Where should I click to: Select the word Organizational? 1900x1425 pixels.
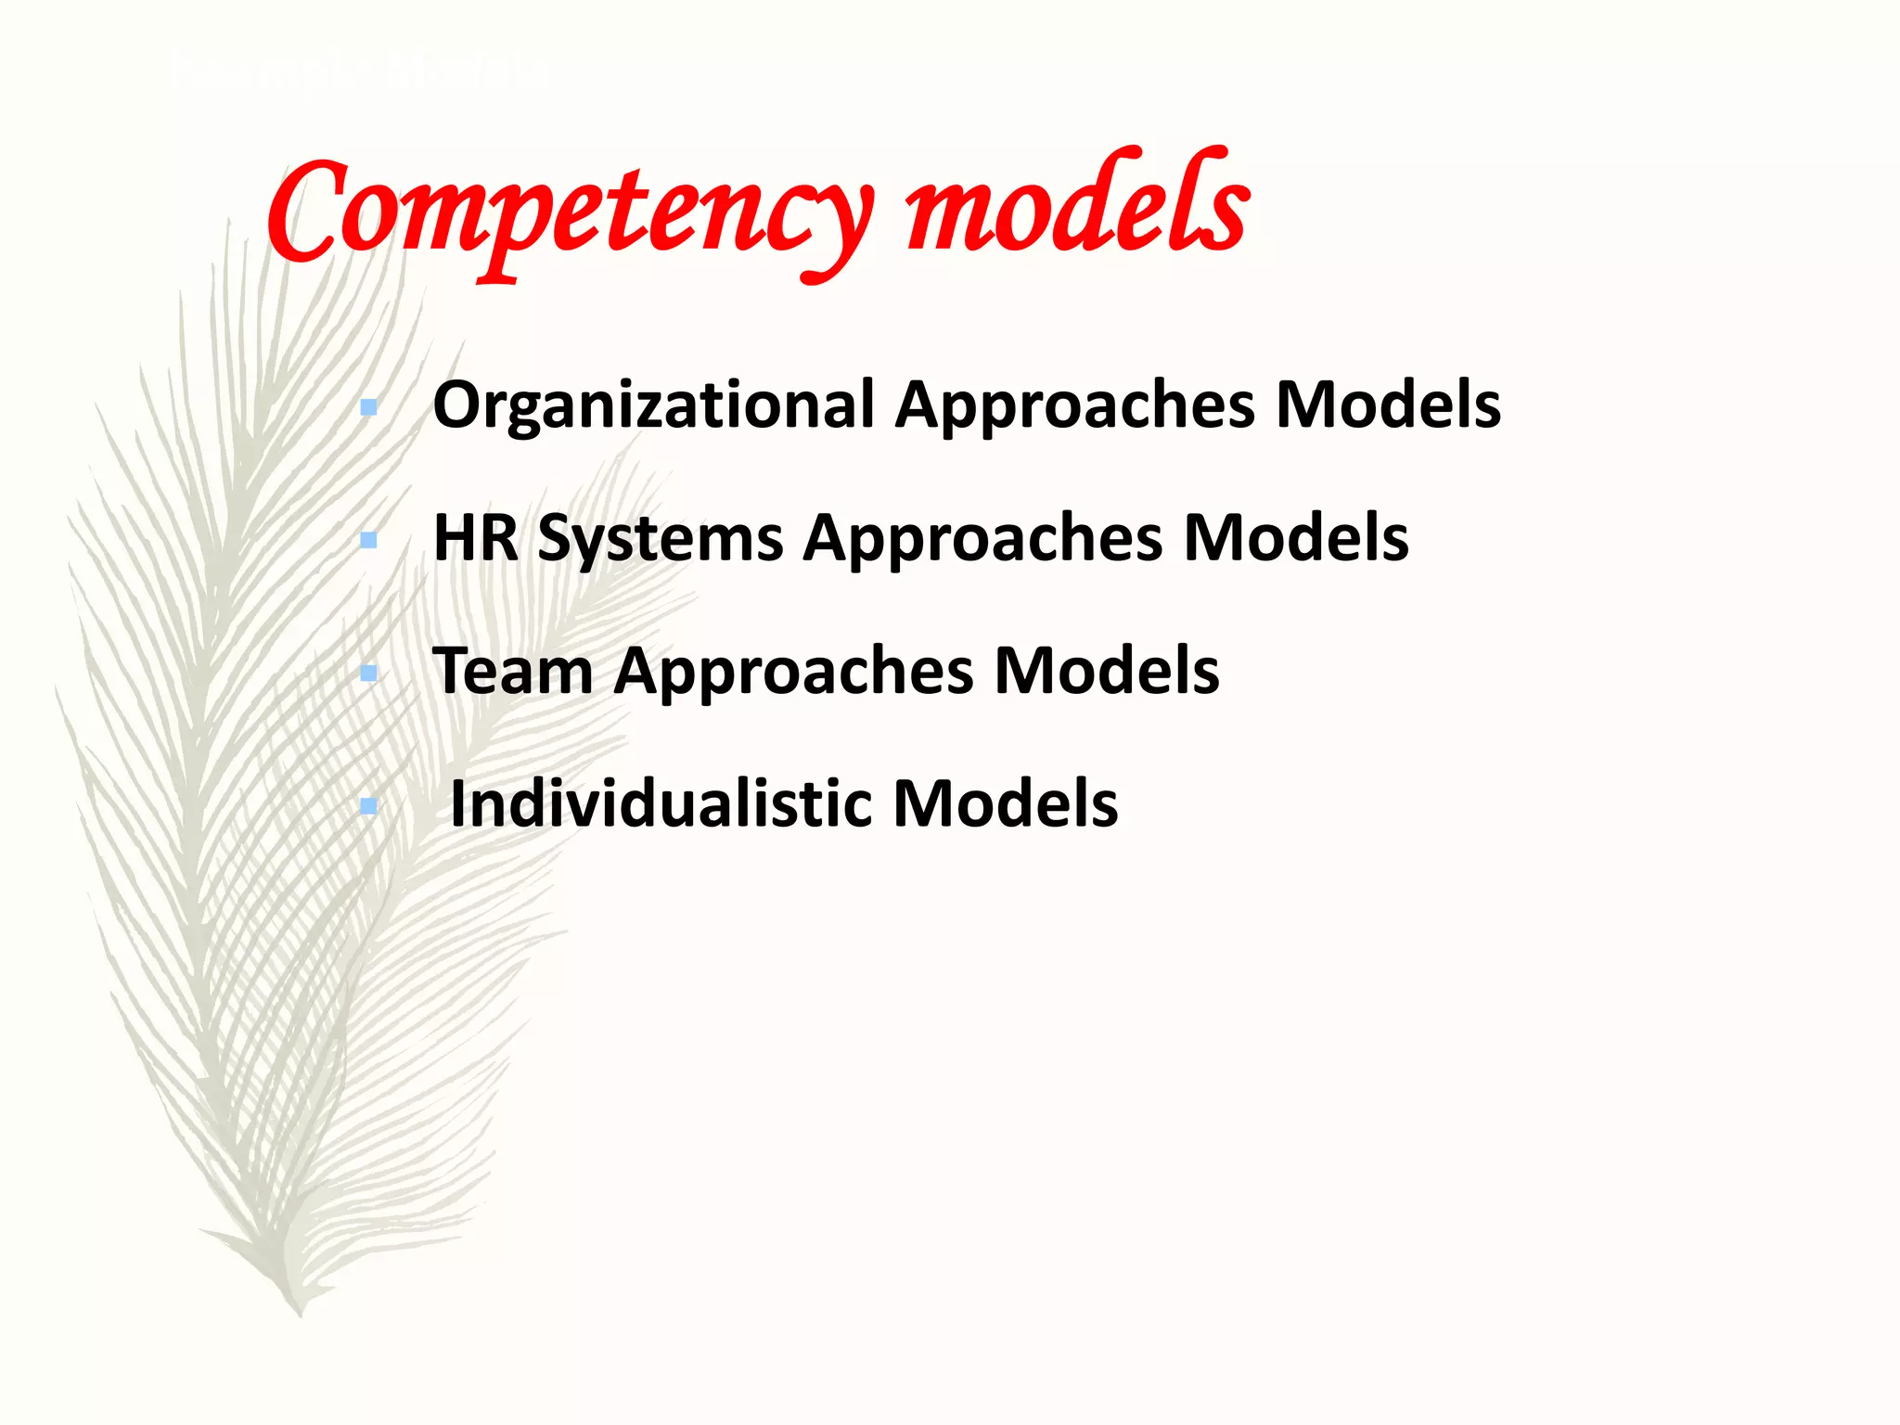(x=654, y=405)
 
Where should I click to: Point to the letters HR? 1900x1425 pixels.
(x=476, y=537)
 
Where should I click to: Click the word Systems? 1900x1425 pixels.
(x=660, y=539)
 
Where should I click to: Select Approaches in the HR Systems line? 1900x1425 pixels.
(x=982, y=538)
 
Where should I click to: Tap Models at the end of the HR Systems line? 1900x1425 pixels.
(x=1296, y=537)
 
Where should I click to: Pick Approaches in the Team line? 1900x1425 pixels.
(x=793, y=671)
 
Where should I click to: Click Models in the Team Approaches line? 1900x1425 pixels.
(x=1106, y=670)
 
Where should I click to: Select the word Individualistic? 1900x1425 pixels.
(x=660, y=803)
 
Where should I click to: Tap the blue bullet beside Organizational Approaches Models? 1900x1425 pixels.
(x=368, y=407)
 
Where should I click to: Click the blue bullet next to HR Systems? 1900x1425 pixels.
(x=368, y=540)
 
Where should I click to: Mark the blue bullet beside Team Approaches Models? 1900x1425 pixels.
(x=368, y=673)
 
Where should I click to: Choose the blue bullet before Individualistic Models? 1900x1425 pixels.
(x=368, y=806)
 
